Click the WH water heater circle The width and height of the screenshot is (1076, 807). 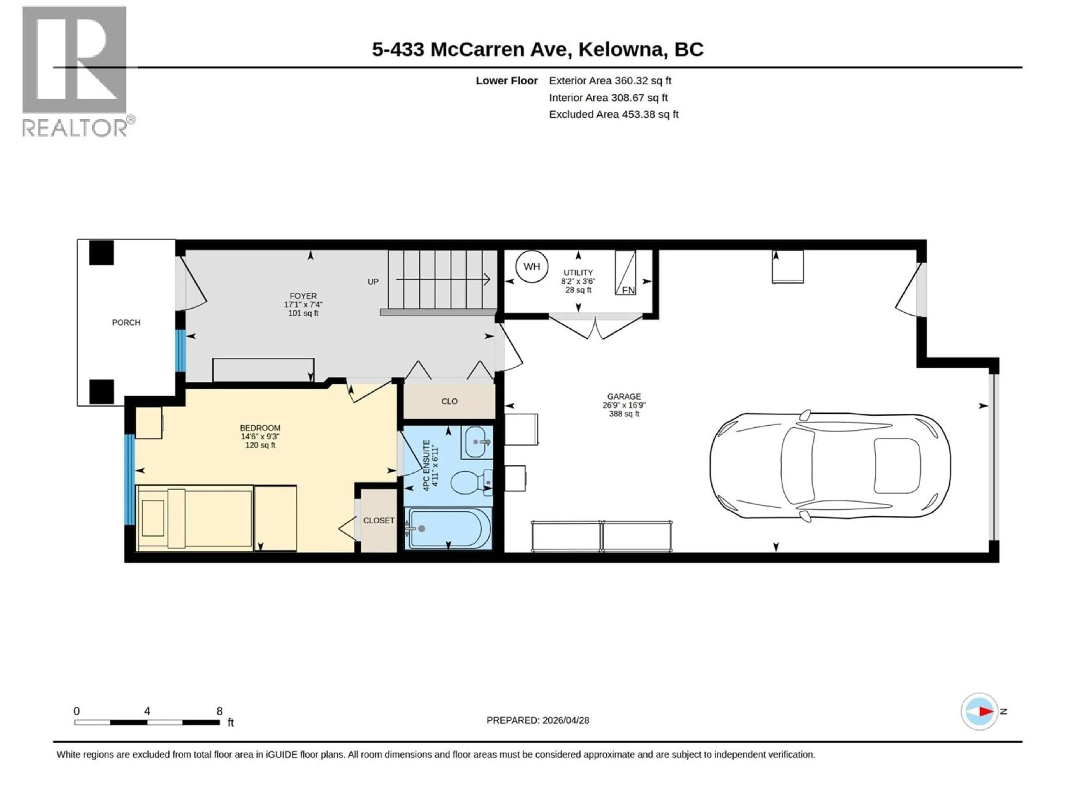[x=531, y=266]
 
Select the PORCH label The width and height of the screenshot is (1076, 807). [x=126, y=323]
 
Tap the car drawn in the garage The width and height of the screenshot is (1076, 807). [x=830, y=465]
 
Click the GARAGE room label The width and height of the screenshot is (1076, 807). [x=624, y=396]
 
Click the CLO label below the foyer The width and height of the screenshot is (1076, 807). [x=449, y=401]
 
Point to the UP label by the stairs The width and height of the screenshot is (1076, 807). [x=373, y=282]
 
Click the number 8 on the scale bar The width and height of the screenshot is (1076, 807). [x=219, y=711]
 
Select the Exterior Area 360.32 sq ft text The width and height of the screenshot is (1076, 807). [x=610, y=81]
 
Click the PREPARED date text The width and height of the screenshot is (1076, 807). [x=537, y=720]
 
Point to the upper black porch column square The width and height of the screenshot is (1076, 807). [x=101, y=253]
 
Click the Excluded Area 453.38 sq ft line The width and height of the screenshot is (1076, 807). [x=613, y=114]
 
